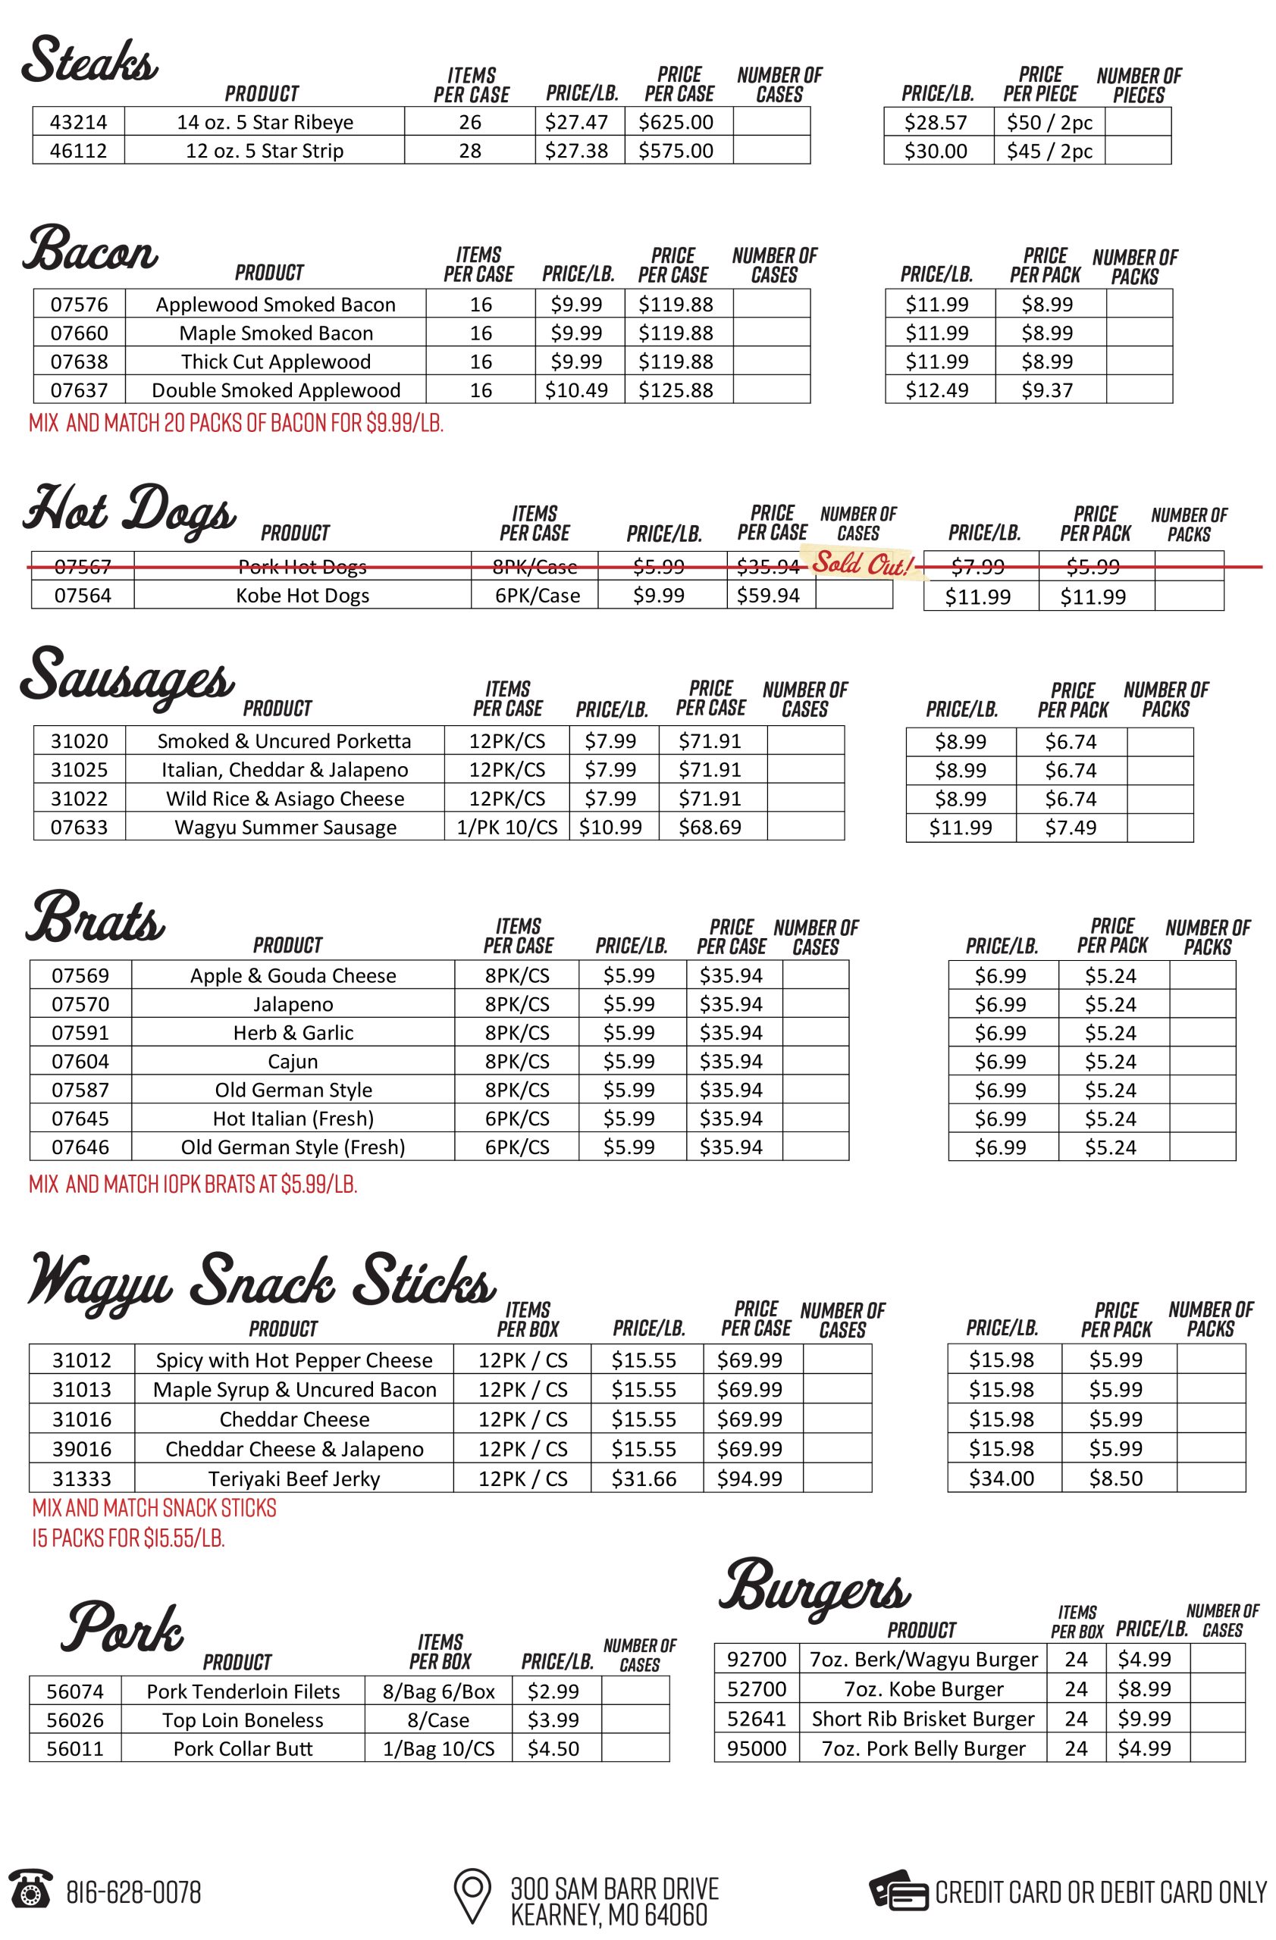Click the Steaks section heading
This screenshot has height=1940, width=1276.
pyautogui.click(x=89, y=61)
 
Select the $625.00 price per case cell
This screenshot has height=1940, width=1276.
pyautogui.click(x=676, y=122)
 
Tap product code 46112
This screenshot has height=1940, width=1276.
pyautogui.click(x=78, y=151)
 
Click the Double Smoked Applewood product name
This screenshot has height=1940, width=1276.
pyautogui.click(x=275, y=390)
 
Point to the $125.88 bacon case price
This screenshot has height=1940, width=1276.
pyautogui.click(x=676, y=390)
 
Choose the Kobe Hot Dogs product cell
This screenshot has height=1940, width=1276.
pyautogui.click(x=303, y=595)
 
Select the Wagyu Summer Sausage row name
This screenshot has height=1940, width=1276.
pyautogui.click(x=285, y=828)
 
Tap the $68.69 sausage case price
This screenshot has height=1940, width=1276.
pyautogui.click(x=710, y=828)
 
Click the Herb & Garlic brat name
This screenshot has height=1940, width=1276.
pyautogui.click(x=293, y=1033)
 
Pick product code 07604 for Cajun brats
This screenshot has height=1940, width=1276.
pyautogui.click(x=80, y=1061)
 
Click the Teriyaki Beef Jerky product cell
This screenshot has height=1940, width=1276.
pyautogui.click(x=293, y=1478)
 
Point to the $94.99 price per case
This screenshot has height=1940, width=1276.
pyautogui.click(x=749, y=1478)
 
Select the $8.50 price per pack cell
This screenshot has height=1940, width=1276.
pyautogui.click(x=1116, y=1478)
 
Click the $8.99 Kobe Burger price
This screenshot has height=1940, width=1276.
pyautogui.click(x=1145, y=1689)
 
